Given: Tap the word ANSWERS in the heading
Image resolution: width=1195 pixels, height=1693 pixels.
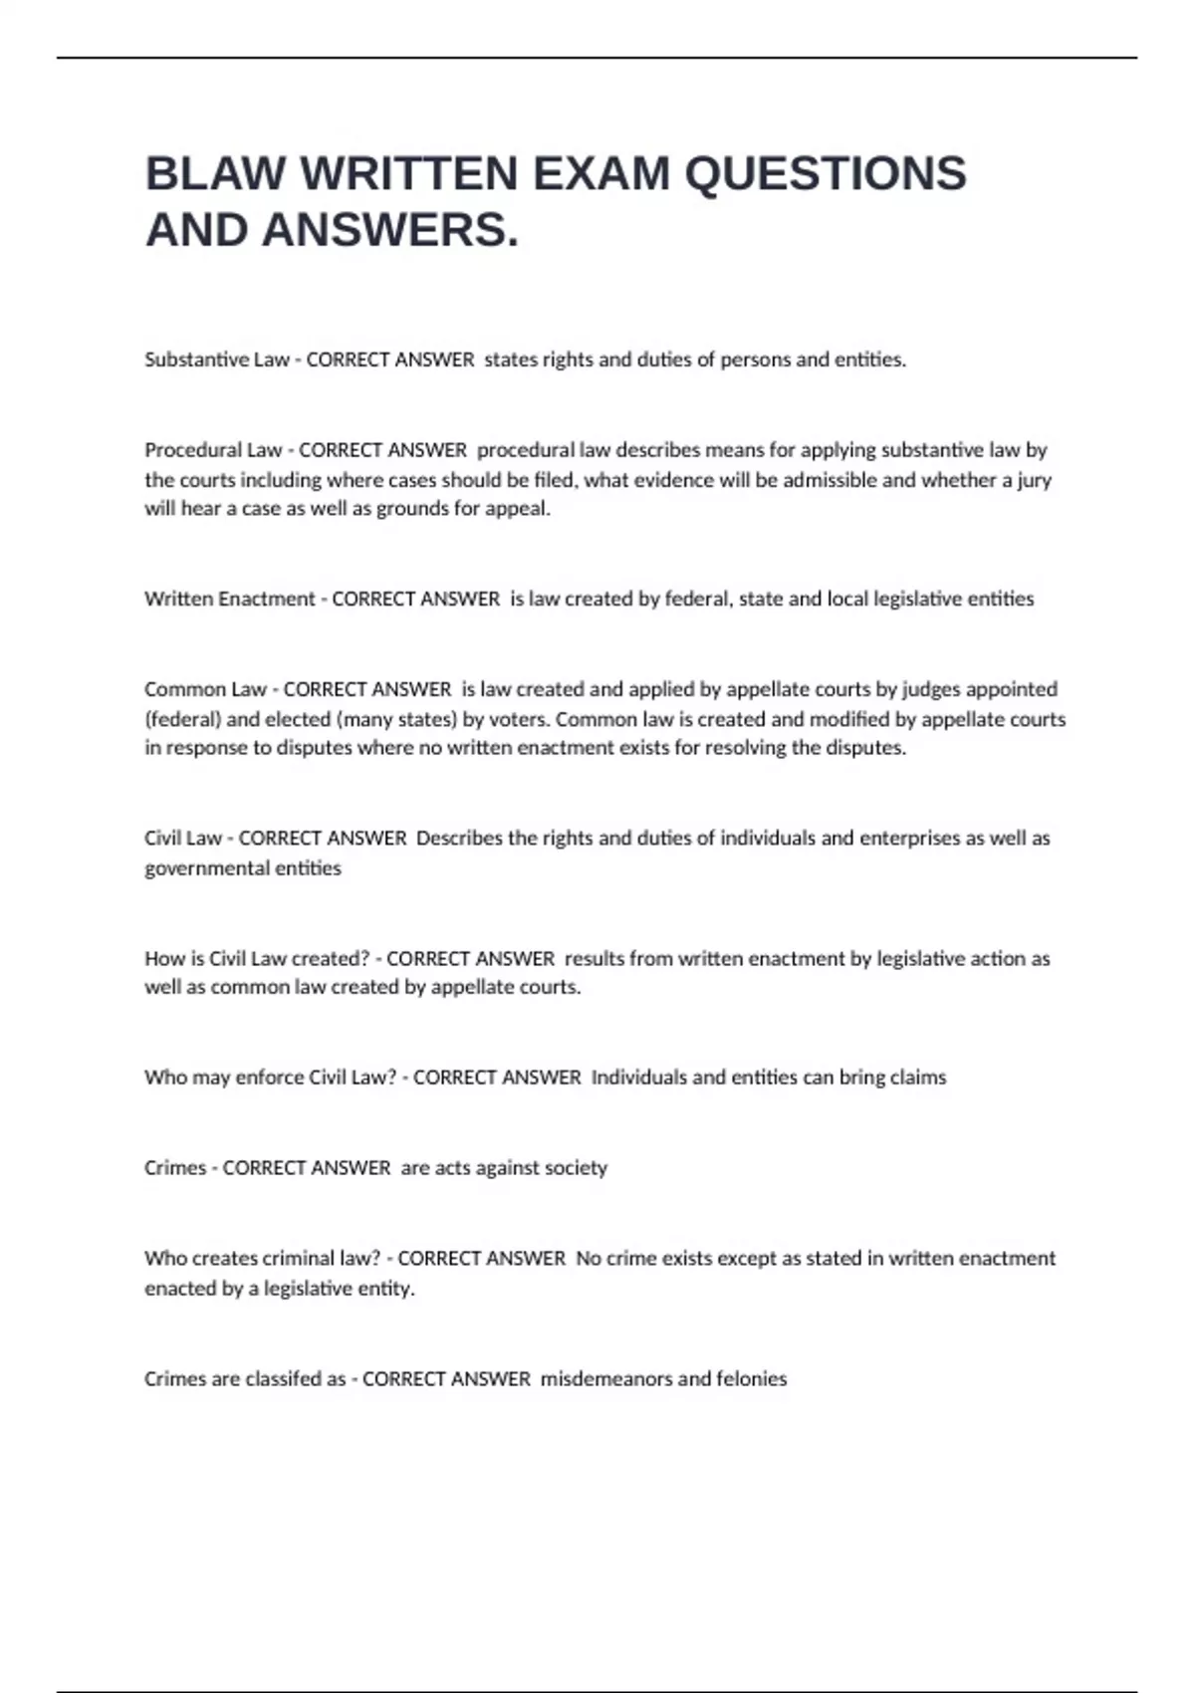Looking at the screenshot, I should point(389,230).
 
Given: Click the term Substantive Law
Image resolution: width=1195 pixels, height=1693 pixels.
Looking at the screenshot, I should point(217,360).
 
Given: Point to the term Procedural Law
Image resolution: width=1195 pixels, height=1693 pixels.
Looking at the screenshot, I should point(213,450).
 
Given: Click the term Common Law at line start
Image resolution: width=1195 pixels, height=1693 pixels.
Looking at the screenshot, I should point(205,689).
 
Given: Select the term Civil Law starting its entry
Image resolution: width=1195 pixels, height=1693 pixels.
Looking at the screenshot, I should point(183,839).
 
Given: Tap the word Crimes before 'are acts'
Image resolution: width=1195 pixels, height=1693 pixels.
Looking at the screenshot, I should point(175,1168).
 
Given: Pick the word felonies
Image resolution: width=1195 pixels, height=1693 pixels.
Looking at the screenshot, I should point(752,1379).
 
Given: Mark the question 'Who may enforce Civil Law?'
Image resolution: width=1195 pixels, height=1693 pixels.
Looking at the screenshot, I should point(270,1078).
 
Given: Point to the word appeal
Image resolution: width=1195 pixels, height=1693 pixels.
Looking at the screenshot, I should point(522,509).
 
